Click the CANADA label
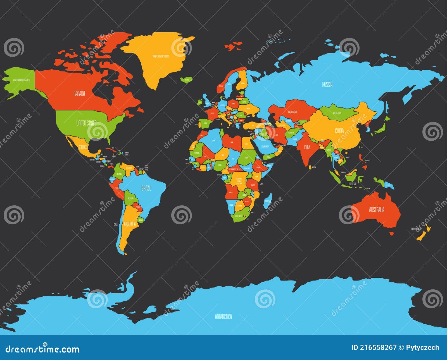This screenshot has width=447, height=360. [x=79, y=94]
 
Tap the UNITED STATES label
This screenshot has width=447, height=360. [x=86, y=123]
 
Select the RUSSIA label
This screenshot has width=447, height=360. [x=327, y=84]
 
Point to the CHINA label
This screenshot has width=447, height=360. [x=339, y=131]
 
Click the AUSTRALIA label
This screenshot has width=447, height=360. [x=376, y=210]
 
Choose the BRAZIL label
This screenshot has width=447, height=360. [x=146, y=188]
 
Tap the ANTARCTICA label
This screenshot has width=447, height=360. [x=223, y=317]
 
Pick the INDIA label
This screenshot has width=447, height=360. [x=307, y=147]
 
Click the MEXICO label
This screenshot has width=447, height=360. [x=83, y=147]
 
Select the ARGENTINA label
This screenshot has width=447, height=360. [x=130, y=224]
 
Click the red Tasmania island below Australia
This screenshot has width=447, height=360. [x=392, y=233]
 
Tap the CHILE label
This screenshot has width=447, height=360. [x=116, y=224]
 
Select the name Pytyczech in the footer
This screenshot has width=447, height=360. [x=423, y=347]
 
